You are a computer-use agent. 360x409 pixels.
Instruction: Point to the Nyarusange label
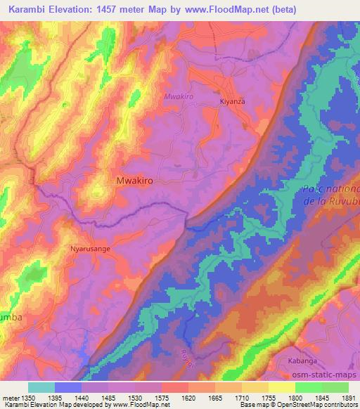click(90, 248)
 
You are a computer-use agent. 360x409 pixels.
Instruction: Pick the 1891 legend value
click(347, 398)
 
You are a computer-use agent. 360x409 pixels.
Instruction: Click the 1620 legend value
click(187, 398)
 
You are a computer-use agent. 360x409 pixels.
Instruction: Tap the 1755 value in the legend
click(266, 398)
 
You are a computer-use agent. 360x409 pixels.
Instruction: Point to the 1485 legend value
click(107, 398)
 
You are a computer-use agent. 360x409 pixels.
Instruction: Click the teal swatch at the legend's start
click(41, 387)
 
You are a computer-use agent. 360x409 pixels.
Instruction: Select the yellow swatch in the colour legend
click(281, 387)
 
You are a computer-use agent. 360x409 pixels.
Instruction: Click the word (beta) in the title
click(280, 10)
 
